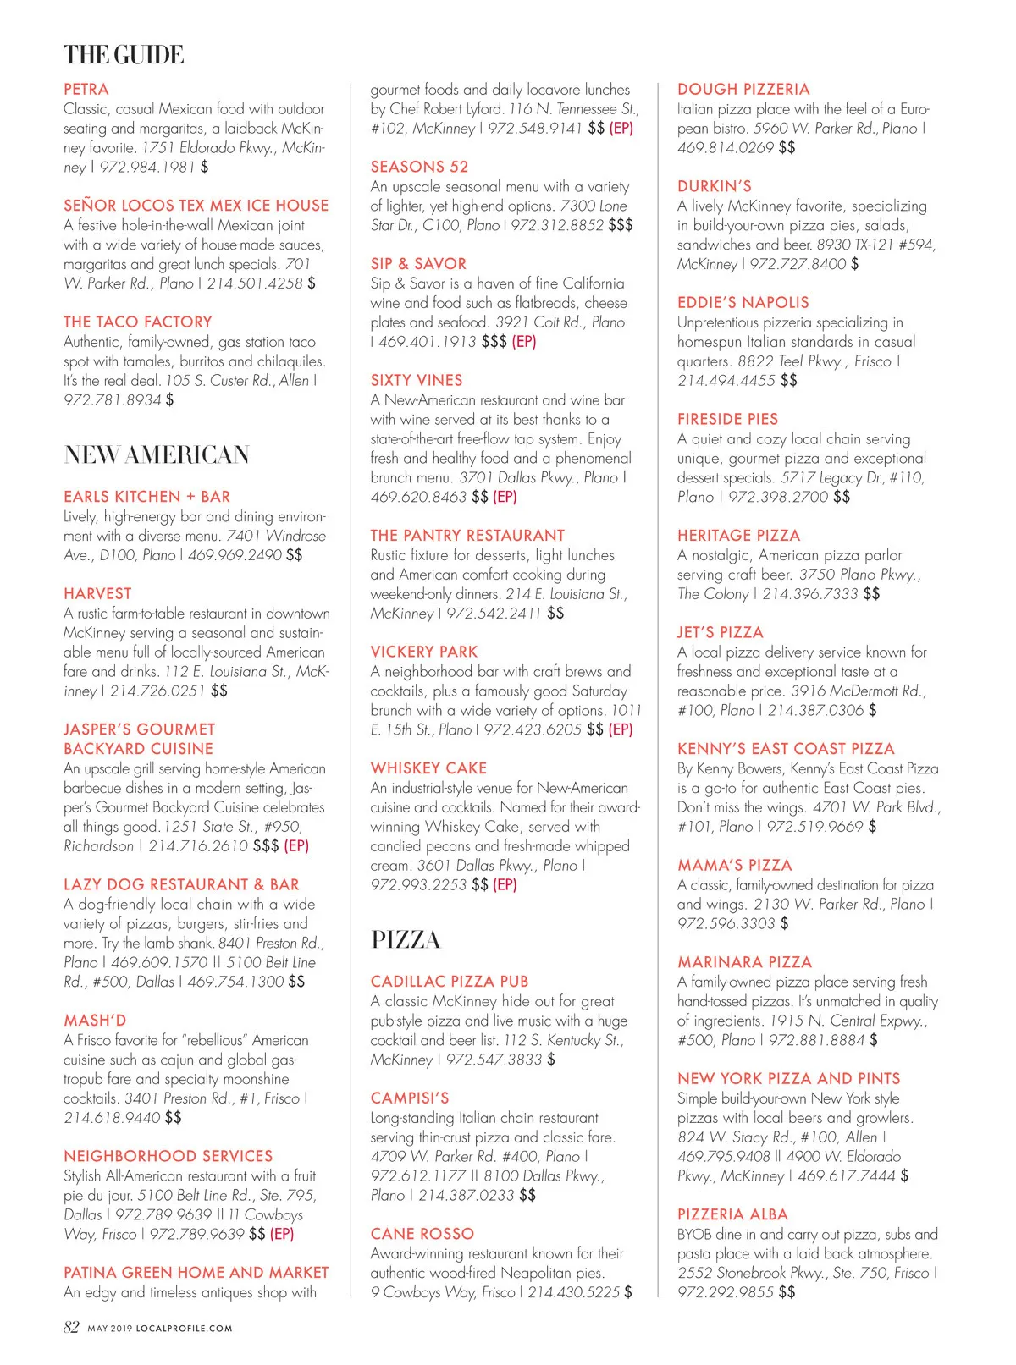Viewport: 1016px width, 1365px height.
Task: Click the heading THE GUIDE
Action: point(124,55)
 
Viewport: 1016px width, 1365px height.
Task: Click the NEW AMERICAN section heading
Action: point(157,455)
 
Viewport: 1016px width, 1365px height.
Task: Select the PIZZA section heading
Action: point(406,940)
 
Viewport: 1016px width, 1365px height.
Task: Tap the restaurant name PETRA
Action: point(86,89)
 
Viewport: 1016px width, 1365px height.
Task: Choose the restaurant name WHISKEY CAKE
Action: point(428,768)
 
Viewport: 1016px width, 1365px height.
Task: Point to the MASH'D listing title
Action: point(95,1021)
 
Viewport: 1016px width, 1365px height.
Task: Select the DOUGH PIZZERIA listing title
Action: point(743,89)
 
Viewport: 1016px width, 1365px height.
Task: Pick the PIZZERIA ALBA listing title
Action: point(732,1214)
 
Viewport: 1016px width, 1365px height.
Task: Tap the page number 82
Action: point(71,1327)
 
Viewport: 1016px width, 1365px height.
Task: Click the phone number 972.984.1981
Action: point(147,167)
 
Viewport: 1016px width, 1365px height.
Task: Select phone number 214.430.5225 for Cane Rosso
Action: point(573,1292)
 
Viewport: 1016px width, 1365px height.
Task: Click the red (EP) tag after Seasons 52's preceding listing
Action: point(621,128)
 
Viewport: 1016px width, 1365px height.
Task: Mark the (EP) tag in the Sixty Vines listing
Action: point(505,497)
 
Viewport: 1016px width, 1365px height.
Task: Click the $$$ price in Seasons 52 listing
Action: point(621,225)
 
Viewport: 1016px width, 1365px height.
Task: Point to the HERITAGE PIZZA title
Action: point(738,536)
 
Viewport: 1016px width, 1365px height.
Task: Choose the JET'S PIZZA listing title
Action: point(721,632)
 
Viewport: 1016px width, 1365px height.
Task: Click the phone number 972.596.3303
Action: point(726,923)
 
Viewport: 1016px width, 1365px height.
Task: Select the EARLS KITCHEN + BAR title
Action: point(146,497)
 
